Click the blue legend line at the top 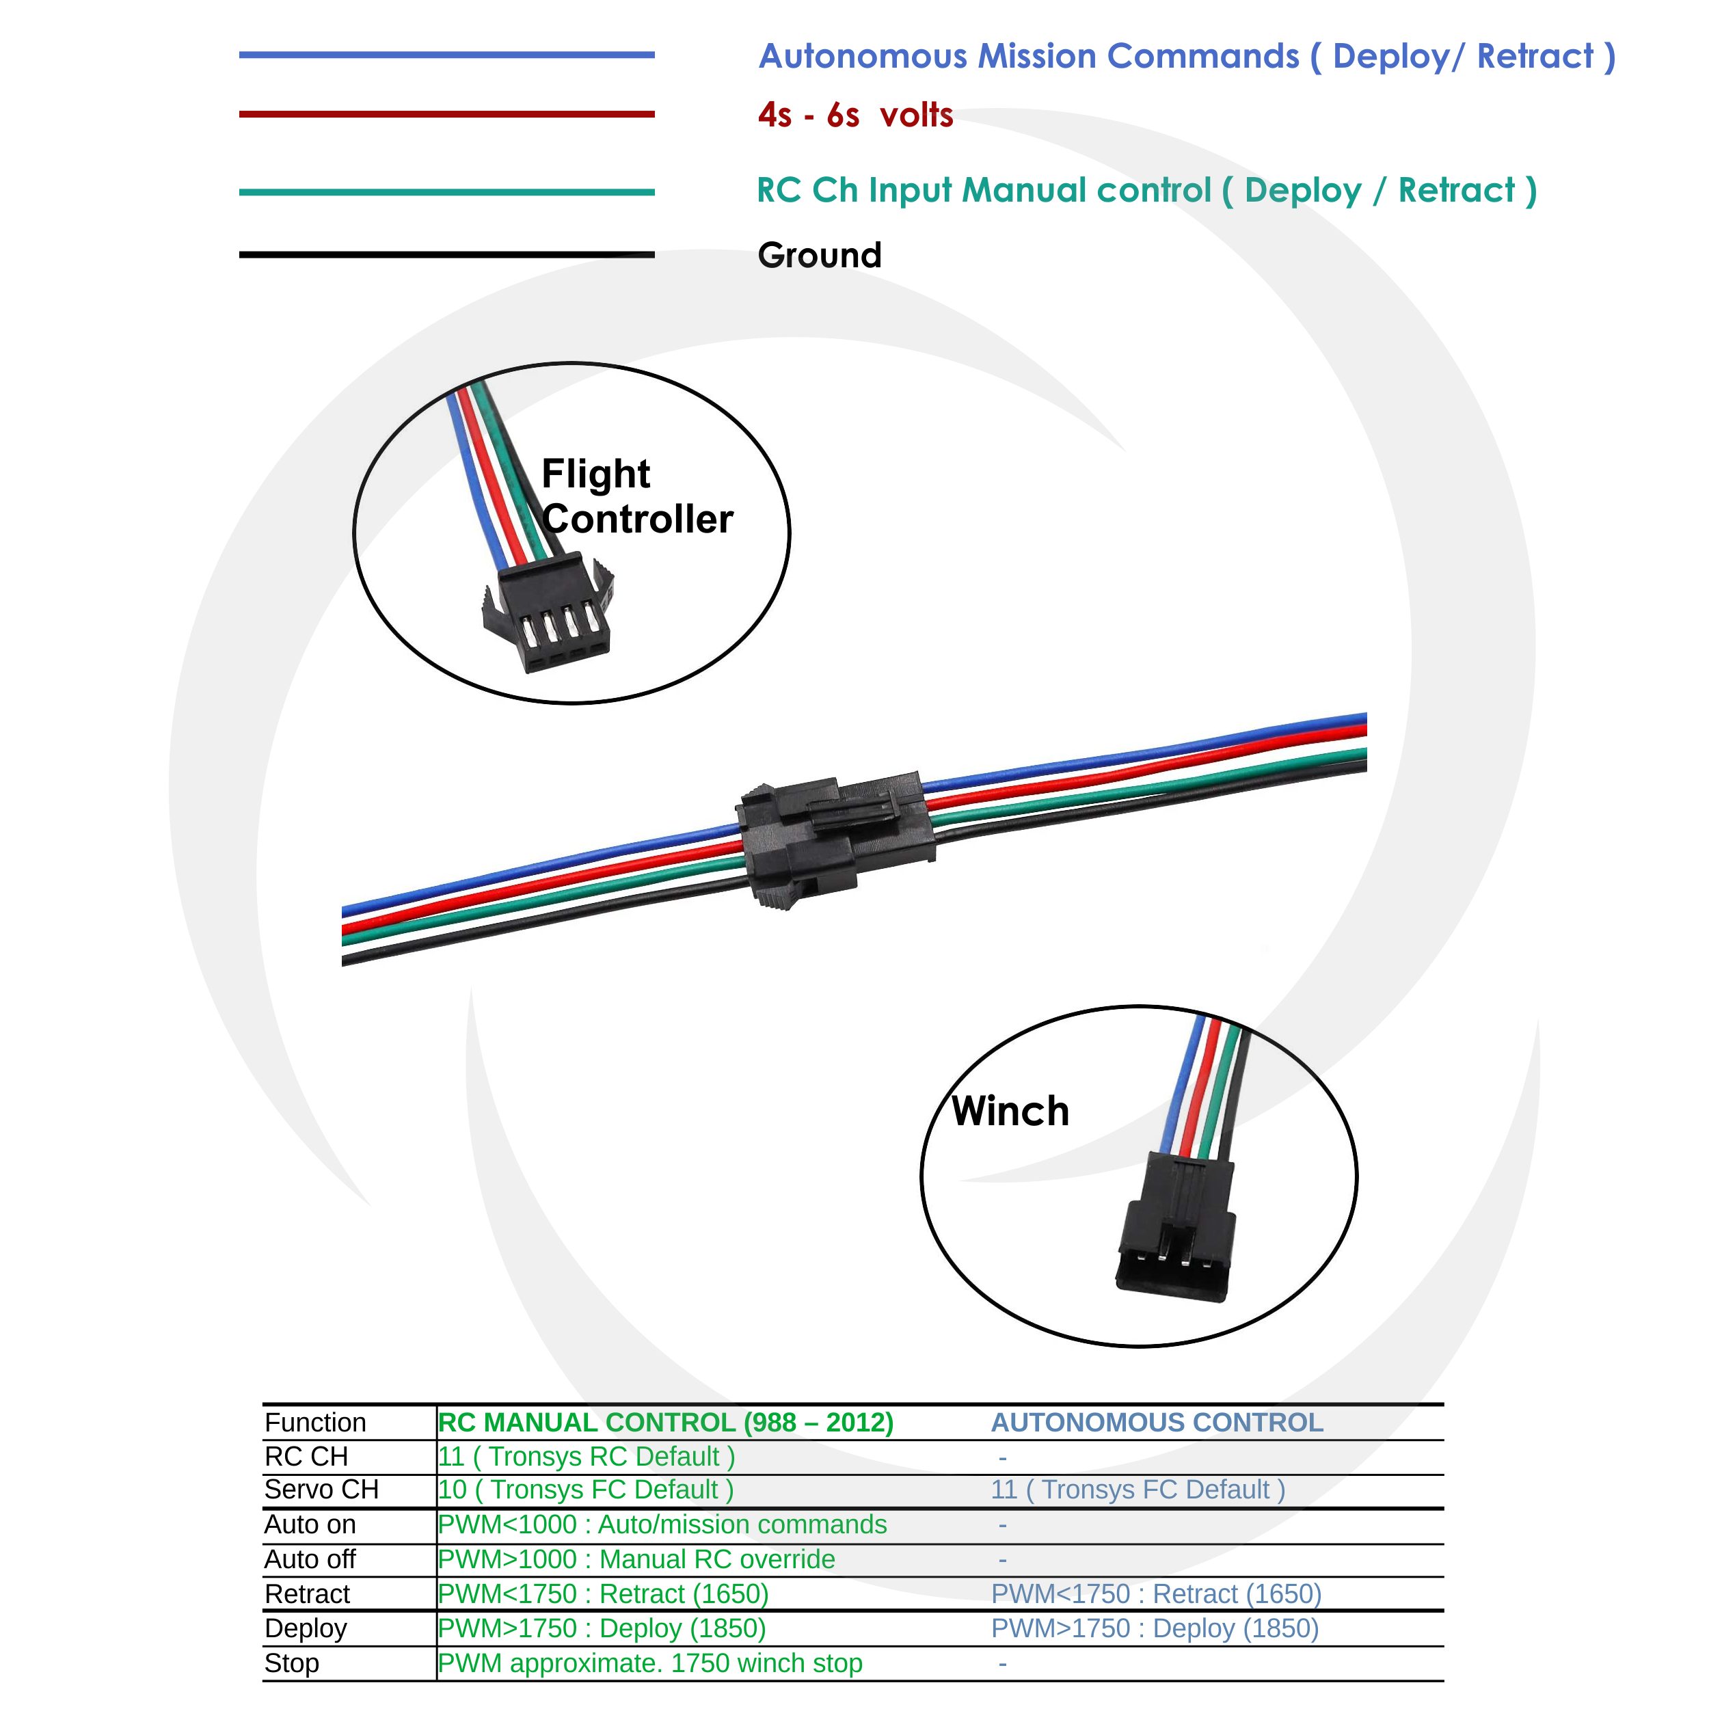pyautogui.click(x=446, y=55)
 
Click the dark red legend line pyautogui.click(x=446, y=114)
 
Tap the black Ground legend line pyautogui.click(x=446, y=255)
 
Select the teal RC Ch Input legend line pyautogui.click(x=446, y=192)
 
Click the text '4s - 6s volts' pyautogui.click(x=854, y=115)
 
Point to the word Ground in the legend pyautogui.click(x=819, y=256)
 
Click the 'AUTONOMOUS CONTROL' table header pyautogui.click(x=1156, y=1423)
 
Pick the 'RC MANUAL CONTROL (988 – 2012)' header pyautogui.click(x=665, y=1423)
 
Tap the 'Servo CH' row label pyautogui.click(x=321, y=1490)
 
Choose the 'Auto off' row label pyautogui.click(x=310, y=1559)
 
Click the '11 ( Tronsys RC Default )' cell pyautogui.click(x=587, y=1456)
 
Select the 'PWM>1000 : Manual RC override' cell pyautogui.click(x=636, y=1559)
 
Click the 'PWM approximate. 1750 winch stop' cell pyautogui.click(x=650, y=1663)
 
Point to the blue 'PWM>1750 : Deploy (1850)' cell pyautogui.click(x=1155, y=1628)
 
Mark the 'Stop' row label pyautogui.click(x=291, y=1663)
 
